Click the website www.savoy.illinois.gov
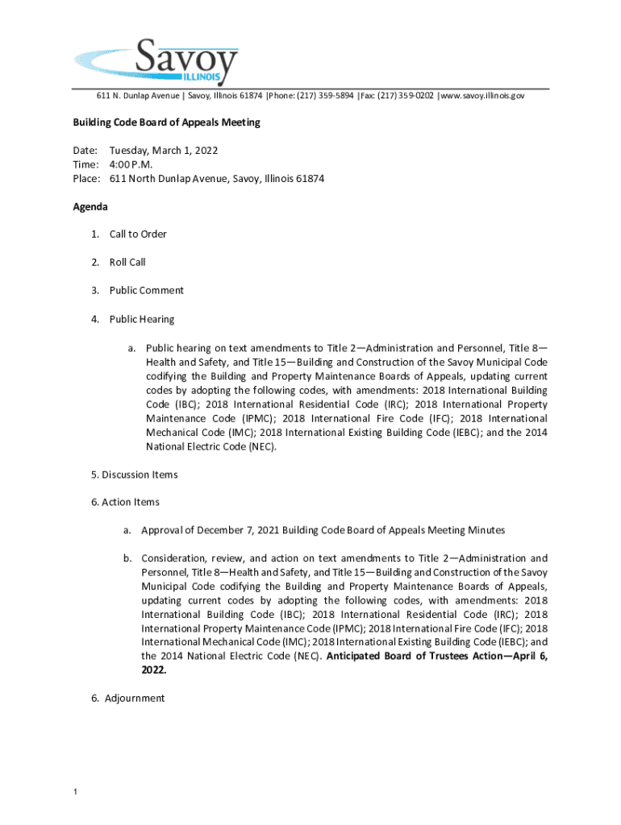(x=483, y=96)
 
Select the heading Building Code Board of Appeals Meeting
(x=166, y=122)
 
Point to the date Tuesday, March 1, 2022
(x=164, y=151)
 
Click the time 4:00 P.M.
(x=131, y=164)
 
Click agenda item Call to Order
(x=138, y=234)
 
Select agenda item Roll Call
(x=127, y=263)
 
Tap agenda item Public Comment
(x=147, y=291)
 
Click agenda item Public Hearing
(x=142, y=319)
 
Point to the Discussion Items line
(x=135, y=475)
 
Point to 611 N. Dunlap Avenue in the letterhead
(x=139, y=96)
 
